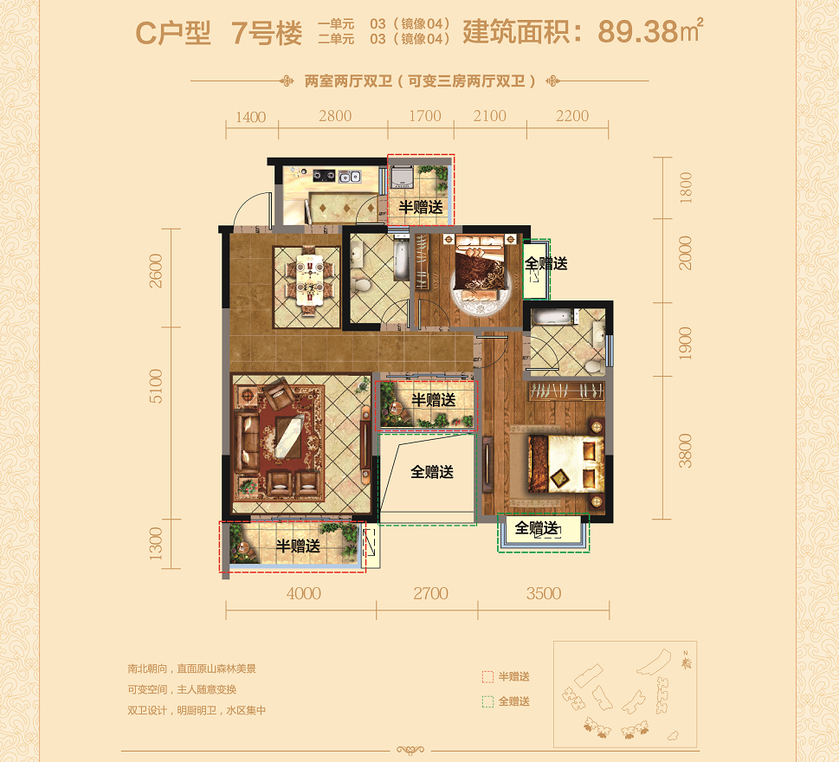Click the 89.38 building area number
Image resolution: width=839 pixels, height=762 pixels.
point(637,31)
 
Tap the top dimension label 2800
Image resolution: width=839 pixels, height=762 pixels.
point(335,115)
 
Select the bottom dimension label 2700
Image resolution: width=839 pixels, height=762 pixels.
point(430,593)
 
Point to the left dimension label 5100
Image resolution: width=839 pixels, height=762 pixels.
point(155,385)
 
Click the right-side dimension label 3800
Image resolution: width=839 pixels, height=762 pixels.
point(685,450)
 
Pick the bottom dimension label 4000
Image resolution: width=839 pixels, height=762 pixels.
point(303,593)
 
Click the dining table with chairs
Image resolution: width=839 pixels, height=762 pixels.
point(307,281)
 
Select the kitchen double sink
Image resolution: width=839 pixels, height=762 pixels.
point(350,176)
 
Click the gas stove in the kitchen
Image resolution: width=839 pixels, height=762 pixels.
point(324,175)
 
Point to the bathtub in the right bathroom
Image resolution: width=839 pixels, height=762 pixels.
point(554,316)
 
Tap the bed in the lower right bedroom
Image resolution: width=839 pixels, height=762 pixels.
point(566,463)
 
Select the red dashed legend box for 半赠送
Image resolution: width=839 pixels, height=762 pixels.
point(487,677)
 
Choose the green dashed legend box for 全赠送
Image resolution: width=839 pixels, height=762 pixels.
point(487,701)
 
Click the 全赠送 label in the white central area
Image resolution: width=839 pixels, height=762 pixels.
point(432,471)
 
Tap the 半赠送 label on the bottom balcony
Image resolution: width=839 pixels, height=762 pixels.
point(298,546)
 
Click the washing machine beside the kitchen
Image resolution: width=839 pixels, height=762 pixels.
point(401,177)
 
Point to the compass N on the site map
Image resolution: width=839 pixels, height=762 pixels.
point(686,654)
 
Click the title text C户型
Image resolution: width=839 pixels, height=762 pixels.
point(173,33)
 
